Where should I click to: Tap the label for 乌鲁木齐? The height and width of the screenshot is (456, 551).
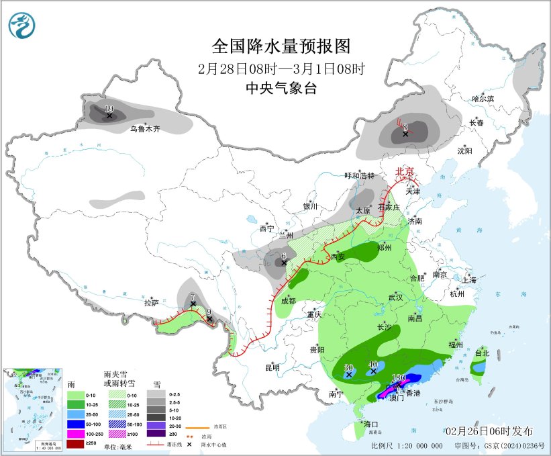pos(145,128)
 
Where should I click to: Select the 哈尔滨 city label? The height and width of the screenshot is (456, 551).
pos(482,99)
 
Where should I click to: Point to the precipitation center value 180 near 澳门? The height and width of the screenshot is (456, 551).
pos(399,378)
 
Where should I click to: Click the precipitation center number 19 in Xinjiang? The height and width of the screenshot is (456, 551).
pos(109,108)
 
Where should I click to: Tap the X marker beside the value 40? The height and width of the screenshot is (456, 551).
pos(374,371)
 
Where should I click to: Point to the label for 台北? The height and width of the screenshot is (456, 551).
pos(482,353)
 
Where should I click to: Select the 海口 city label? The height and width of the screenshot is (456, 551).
pos(371,424)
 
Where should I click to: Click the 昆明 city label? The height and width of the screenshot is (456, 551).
pos(272,367)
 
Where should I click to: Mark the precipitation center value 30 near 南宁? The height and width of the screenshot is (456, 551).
pos(348,367)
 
